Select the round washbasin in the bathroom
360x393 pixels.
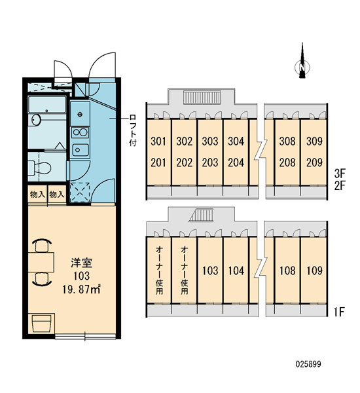36,120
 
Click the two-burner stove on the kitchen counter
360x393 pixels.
80,132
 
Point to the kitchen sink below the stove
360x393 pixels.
80,149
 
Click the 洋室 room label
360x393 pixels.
81,263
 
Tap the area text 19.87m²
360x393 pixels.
81,290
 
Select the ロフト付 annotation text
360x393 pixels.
132,131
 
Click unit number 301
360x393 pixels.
158,141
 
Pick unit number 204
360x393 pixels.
236,163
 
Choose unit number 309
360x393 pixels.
314,141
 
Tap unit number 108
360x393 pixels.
287,271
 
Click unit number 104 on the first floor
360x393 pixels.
236,271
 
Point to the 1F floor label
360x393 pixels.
339,312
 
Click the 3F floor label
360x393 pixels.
340,173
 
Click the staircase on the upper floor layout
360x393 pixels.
202,97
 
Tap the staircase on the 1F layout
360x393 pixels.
201,215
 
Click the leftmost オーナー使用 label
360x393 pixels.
159,270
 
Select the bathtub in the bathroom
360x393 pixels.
46,104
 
